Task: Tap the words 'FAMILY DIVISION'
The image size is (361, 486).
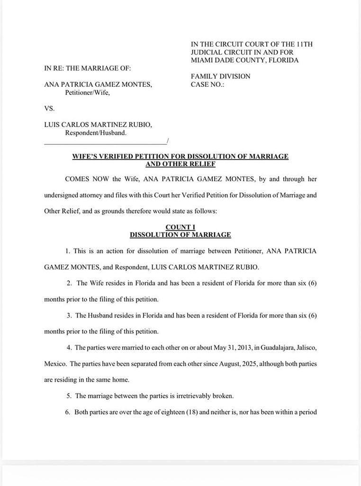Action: (220, 76)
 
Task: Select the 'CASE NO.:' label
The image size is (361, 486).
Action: (207, 84)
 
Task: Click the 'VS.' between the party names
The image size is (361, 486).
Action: (49, 108)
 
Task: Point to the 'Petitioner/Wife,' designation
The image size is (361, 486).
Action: (87, 93)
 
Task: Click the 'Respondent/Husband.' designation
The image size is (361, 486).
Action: (96, 133)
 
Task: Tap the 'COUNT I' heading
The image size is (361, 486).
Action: (180, 227)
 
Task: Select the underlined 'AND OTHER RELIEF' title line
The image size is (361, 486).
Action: (180, 164)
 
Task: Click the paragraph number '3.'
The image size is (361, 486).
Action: (69, 315)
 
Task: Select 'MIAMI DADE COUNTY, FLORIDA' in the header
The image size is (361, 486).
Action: (244, 60)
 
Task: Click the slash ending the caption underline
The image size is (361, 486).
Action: (167, 141)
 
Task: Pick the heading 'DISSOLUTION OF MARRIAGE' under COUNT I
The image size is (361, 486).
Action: (180, 234)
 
